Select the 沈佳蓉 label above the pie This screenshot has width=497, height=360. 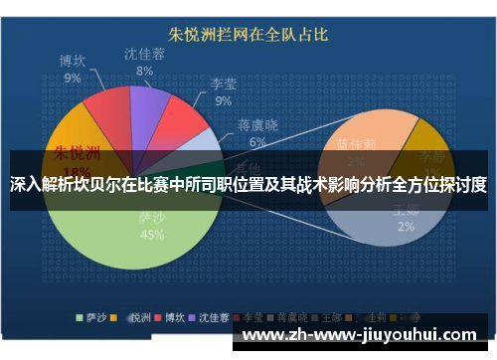pyautogui.click(x=145, y=55)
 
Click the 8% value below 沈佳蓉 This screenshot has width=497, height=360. pyautogui.click(x=145, y=71)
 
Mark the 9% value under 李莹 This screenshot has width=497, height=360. pyautogui.click(x=223, y=100)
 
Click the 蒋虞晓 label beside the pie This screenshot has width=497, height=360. pyautogui.click(x=257, y=126)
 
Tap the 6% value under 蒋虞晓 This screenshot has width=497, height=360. pyautogui.click(x=257, y=142)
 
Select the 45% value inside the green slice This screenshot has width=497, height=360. pyautogui.click(x=152, y=235)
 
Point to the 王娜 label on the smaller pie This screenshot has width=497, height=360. pyautogui.click(x=407, y=210)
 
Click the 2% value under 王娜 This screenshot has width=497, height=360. pyautogui.click(x=407, y=226)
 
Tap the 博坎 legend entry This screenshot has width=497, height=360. pyautogui.click(x=169, y=317)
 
